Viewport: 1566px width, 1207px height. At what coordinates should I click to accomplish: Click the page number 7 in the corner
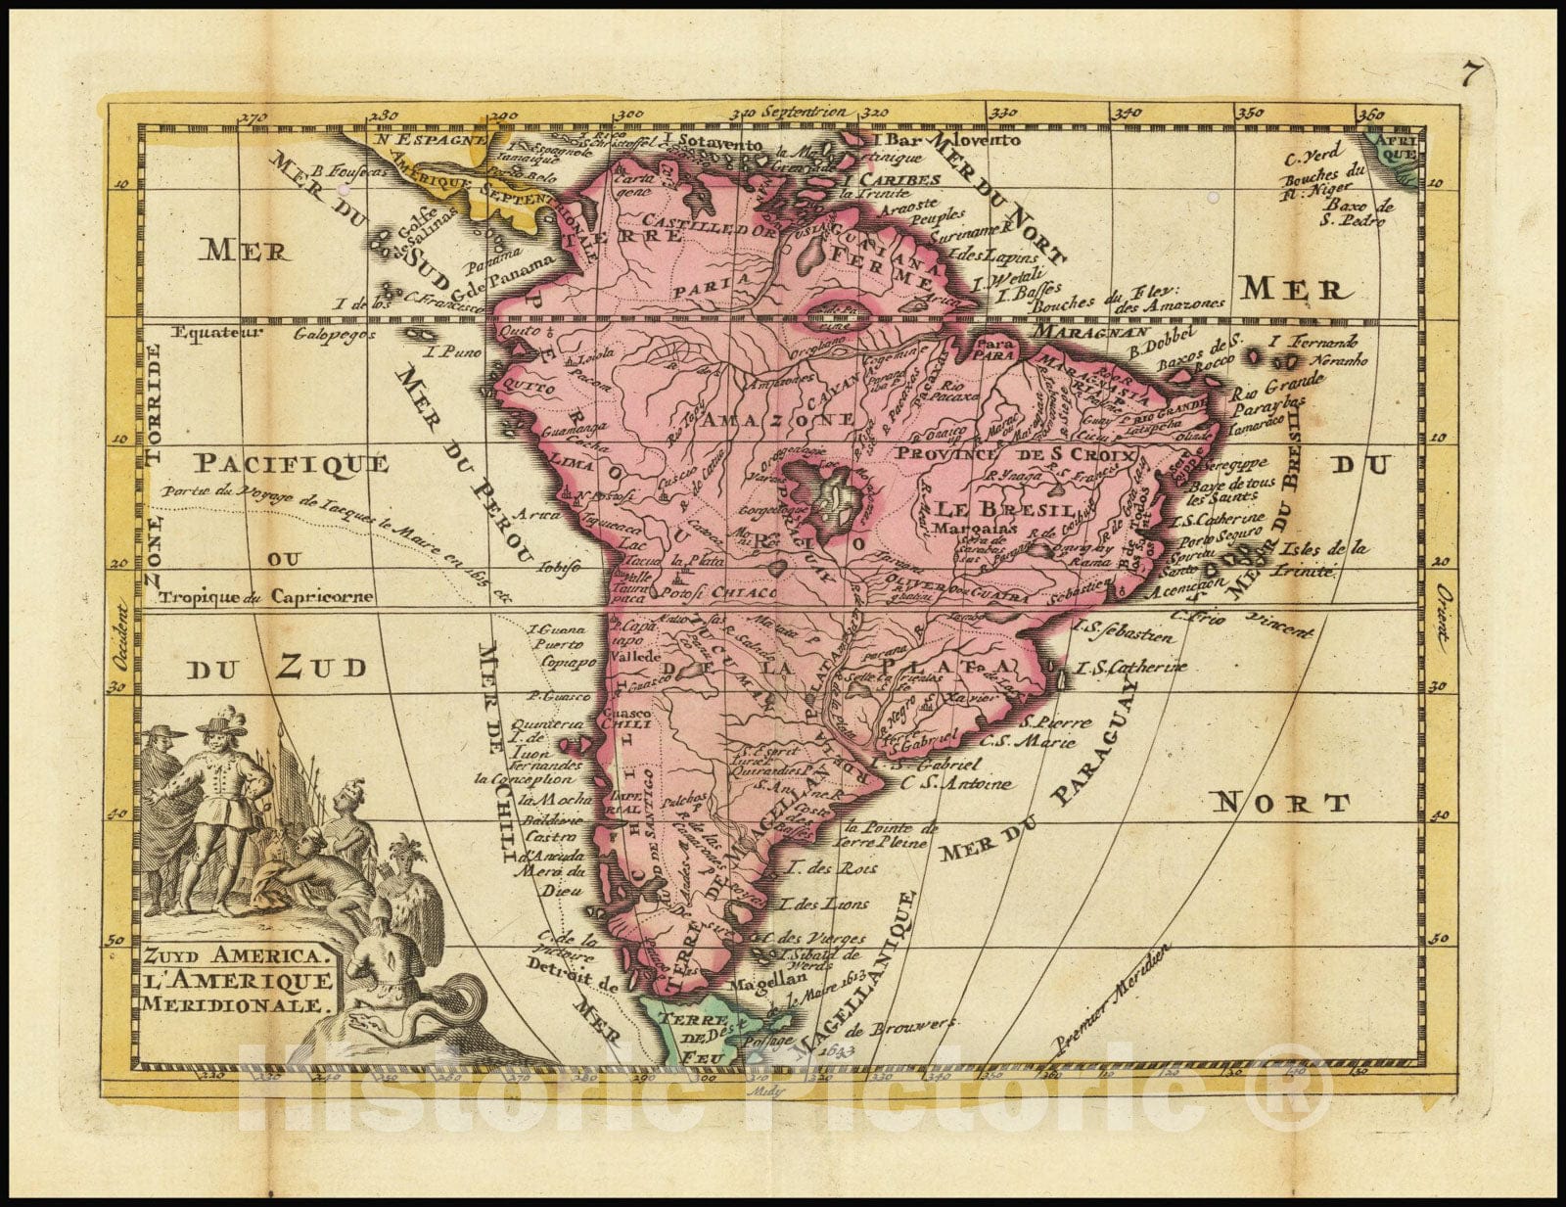pos(1470,73)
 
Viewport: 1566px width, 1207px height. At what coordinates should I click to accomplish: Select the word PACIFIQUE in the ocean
pos(291,463)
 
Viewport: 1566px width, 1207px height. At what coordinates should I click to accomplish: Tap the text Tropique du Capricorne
pos(267,596)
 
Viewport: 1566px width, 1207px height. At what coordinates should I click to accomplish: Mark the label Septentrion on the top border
pos(819,112)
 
